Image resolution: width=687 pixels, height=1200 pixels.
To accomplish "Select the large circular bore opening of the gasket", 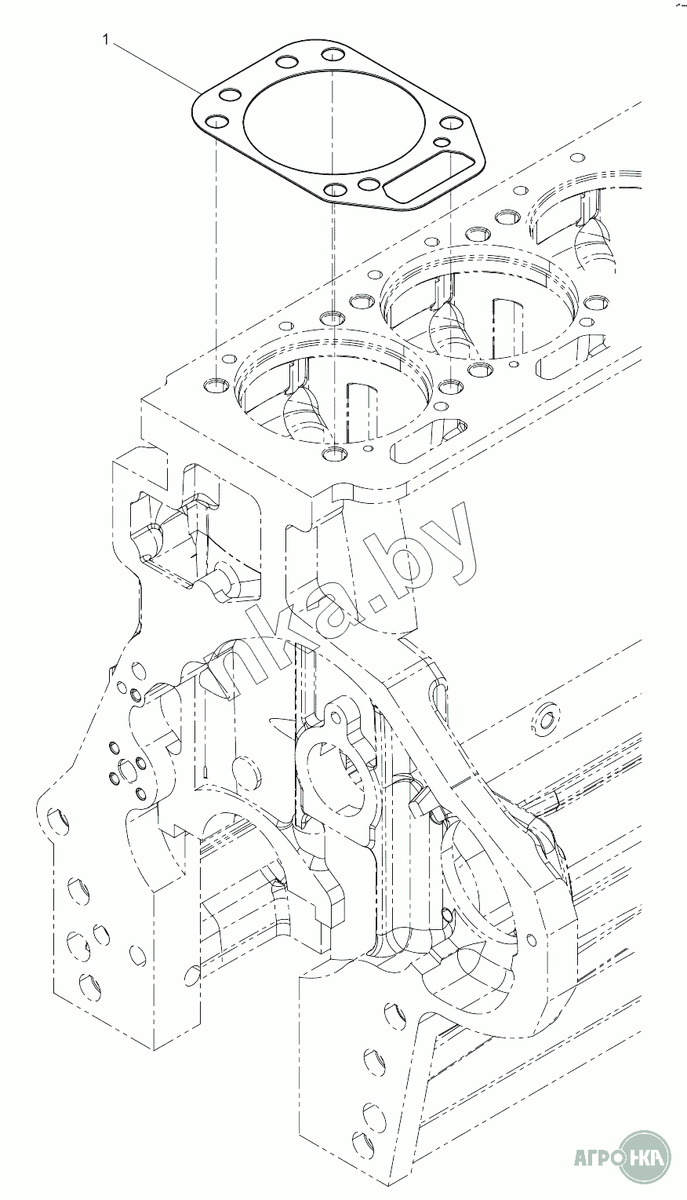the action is coord(335,124).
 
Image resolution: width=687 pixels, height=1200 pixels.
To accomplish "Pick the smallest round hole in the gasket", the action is coord(442,142).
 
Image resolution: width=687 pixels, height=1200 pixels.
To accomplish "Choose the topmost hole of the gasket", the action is coord(333,55).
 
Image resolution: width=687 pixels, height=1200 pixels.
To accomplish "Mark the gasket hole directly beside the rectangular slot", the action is coord(369,184).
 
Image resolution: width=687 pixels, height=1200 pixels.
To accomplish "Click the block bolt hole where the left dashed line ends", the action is coord(216,385).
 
